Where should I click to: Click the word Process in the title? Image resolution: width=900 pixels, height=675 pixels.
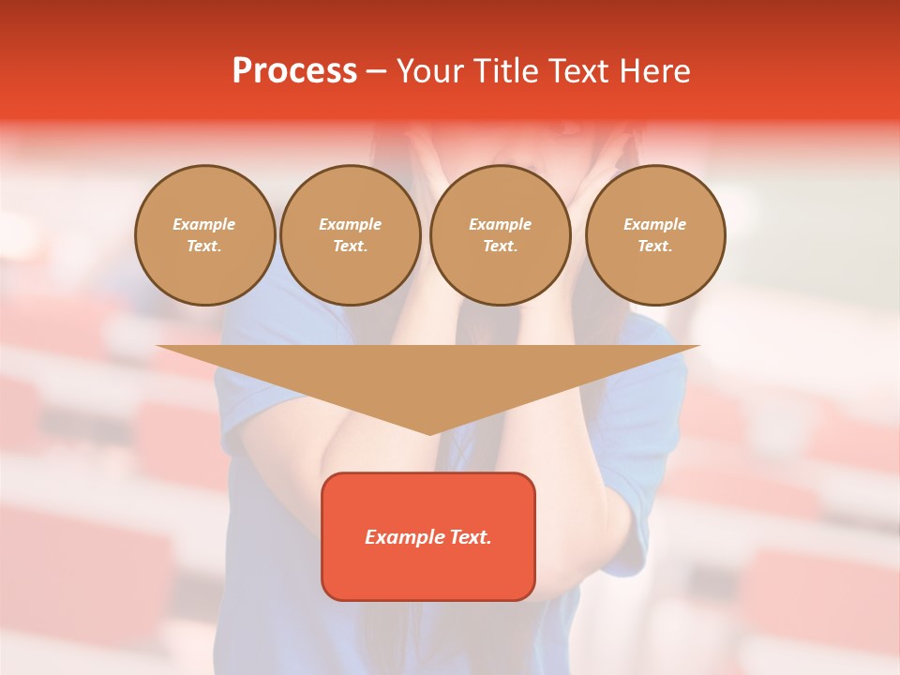[x=294, y=71]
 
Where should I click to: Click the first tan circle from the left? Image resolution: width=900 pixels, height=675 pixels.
[x=205, y=235]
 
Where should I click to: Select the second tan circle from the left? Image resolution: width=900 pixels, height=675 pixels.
[x=351, y=235]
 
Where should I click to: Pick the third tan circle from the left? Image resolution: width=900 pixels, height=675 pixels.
[x=501, y=235]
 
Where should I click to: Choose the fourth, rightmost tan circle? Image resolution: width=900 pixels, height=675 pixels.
[x=655, y=235]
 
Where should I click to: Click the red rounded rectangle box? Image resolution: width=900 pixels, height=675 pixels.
[x=428, y=536]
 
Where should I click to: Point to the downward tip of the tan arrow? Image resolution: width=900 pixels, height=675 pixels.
[x=429, y=433]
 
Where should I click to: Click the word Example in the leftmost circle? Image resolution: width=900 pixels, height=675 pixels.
[x=204, y=224]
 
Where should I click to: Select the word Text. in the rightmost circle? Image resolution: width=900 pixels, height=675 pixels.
[x=655, y=247]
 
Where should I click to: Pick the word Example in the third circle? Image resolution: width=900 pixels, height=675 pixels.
[x=501, y=224]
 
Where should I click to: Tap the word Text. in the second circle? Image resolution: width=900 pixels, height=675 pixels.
[x=351, y=247]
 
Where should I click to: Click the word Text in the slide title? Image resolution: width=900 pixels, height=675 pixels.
[x=577, y=71]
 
